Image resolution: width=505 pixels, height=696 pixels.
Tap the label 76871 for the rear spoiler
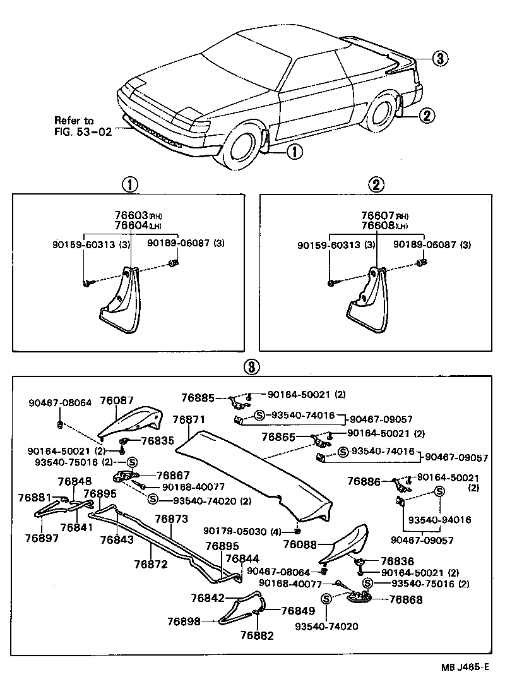(189, 420)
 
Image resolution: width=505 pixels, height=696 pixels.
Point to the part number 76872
(150, 563)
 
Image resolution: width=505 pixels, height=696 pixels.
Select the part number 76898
(184, 621)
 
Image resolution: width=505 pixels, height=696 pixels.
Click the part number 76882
(258, 635)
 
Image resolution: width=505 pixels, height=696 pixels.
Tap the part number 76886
(364, 481)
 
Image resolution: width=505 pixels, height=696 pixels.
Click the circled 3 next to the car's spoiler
(440, 59)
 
